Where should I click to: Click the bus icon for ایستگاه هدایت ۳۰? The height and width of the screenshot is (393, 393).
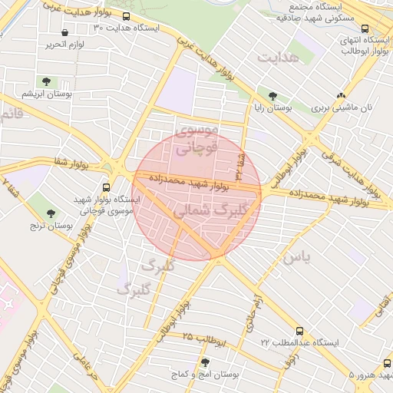pyautogui.click(x=126, y=16)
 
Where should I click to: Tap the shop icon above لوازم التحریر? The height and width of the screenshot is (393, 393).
pyautogui.click(x=64, y=34)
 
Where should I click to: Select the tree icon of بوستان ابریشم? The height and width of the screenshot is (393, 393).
pyautogui.click(x=46, y=81)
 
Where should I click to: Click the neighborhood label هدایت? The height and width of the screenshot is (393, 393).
pyautogui.click(x=276, y=58)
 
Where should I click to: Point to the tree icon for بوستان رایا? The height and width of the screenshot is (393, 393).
pyautogui.click(x=273, y=96)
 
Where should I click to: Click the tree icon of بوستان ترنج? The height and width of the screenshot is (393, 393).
pyautogui.click(x=51, y=213)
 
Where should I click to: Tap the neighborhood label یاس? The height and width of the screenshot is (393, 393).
pyautogui.click(x=296, y=258)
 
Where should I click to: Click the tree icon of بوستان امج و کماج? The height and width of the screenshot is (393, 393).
pyautogui.click(x=204, y=362)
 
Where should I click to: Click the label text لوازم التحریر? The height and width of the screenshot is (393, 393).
pyautogui.click(x=78, y=45)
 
